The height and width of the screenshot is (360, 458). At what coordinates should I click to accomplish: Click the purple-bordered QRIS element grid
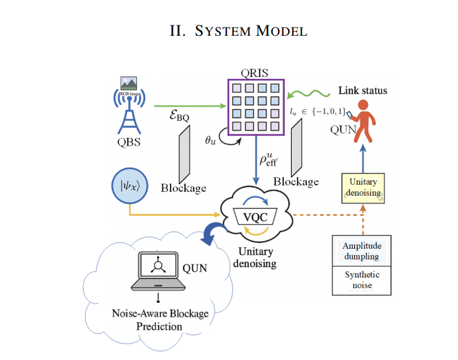(x=256, y=106)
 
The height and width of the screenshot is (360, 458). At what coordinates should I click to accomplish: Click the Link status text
(x=362, y=91)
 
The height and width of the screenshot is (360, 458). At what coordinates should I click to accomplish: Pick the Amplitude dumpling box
(x=362, y=250)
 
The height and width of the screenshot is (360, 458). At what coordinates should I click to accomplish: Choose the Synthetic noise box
(x=362, y=280)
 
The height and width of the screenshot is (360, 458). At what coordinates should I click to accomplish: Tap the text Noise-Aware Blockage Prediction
(x=160, y=319)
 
